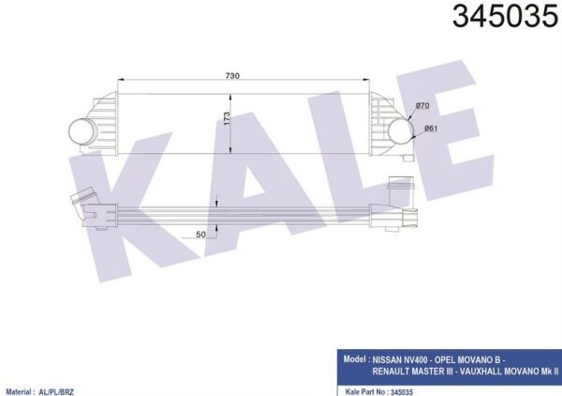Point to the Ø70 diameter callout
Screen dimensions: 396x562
point(422,108)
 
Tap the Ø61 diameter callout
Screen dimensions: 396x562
point(432,128)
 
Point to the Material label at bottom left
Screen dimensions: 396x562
point(24,388)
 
